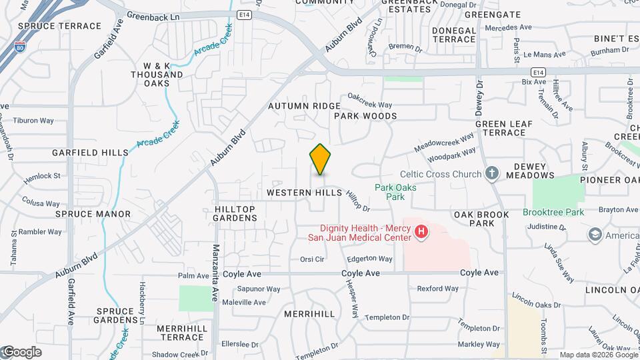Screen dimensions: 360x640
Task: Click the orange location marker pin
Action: pyautogui.click(x=320, y=159)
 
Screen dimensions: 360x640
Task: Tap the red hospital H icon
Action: pyautogui.click(x=421, y=232)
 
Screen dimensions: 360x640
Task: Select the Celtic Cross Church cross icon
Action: pyautogui.click(x=492, y=174)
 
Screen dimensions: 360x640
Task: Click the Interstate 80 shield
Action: pyautogui.click(x=21, y=48)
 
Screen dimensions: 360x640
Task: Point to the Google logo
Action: pyautogui.click(x=22, y=352)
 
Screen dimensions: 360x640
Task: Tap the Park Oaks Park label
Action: pyautogui.click(x=395, y=192)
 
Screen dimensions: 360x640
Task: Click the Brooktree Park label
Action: pyautogui.click(x=553, y=212)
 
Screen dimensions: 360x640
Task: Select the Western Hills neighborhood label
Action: pyautogui.click(x=304, y=193)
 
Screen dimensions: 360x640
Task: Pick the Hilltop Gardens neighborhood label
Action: pyautogui.click(x=235, y=213)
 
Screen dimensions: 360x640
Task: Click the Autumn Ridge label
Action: pyautogui.click(x=304, y=106)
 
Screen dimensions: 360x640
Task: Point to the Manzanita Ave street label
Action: pyautogui.click(x=216, y=273)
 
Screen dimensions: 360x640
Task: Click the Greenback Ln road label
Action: pyautogui.click(x=153, y=15)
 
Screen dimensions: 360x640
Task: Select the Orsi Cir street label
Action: pyautogui.click(x=311, y=259)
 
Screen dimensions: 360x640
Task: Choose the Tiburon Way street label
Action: pyautogui.click(x=33, y=121)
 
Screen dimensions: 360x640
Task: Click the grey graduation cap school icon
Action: pyautogui.click(x=595, y=235)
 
